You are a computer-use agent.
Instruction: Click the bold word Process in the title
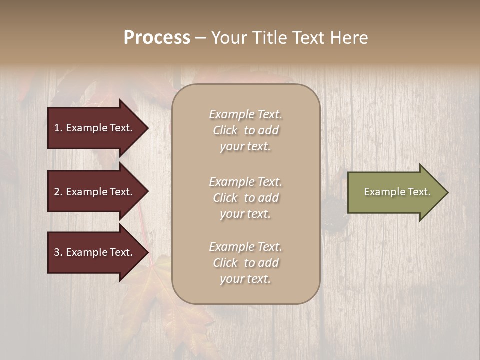pyautogui.click(x=157, y=38)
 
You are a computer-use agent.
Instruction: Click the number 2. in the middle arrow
pyautogui.click(x=58, y=192)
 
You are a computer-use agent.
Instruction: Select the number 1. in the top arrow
pyautogui.click(x=58, y=128)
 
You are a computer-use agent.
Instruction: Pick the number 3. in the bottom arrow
pyautogui.click(x=58, y=252)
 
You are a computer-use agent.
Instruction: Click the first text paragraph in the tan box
pyautogui.click(x=245, y=130)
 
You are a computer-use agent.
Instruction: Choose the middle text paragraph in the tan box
pyautogui.click(x=245, y=198)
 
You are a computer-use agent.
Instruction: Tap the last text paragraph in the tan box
pyautogui.click(x=245, y=263)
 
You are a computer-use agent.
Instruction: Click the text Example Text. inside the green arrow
pyautogui.click(x=397, y=192)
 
